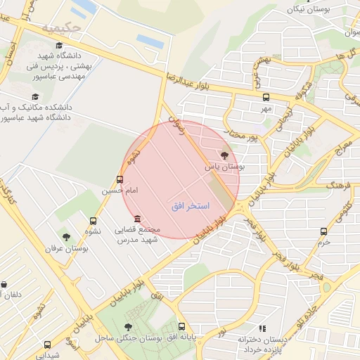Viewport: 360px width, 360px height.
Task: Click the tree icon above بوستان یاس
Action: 225,155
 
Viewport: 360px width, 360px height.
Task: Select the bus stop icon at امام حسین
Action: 120,179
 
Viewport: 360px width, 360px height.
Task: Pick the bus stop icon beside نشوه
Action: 94,221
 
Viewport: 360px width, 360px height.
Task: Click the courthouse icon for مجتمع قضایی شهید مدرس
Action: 136,219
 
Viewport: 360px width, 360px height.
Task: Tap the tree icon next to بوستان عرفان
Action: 66,238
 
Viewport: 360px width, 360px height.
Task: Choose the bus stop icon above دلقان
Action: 5,284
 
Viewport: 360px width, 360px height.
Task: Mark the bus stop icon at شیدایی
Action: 47,345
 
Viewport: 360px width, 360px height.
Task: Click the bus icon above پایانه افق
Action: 182,327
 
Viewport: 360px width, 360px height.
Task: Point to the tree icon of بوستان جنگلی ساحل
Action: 127,327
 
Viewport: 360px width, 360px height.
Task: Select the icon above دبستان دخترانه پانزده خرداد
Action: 262,328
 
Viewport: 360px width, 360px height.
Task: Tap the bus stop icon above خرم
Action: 323,231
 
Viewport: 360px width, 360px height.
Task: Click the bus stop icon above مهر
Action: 266,98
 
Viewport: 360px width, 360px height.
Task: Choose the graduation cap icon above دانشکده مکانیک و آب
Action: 34,96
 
